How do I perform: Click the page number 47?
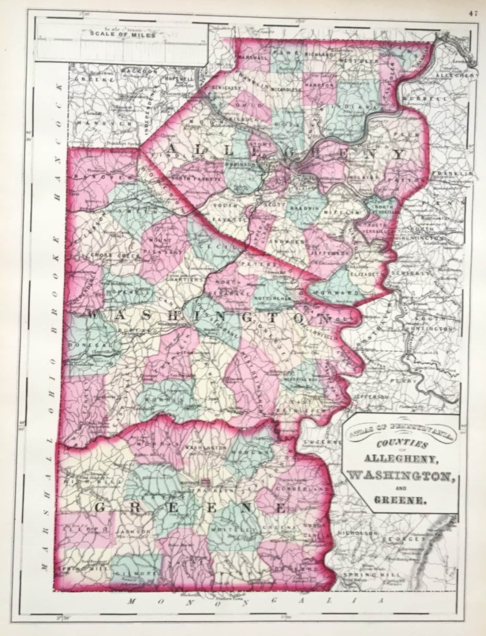point(472,5)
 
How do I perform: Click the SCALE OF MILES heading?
point(122,34)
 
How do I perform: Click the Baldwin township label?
point(303,207)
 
